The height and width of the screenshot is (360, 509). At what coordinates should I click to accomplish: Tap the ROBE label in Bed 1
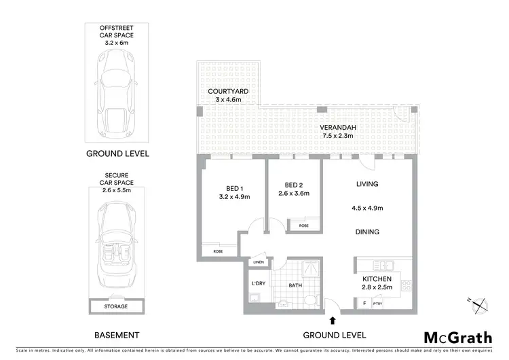click(218, 251)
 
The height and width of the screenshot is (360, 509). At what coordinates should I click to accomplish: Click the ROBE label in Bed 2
click(303, 224)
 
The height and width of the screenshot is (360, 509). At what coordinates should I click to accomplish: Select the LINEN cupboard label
click(259, 262)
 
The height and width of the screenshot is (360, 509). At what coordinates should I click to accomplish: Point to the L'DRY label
click(258, 282)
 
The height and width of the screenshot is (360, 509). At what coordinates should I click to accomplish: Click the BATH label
click(295, 285)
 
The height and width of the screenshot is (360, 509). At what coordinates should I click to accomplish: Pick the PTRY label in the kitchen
click(378, 304)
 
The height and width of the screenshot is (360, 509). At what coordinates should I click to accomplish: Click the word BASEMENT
click(116, 336)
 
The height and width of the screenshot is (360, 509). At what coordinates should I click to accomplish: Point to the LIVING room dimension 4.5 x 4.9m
click(367, 208)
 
